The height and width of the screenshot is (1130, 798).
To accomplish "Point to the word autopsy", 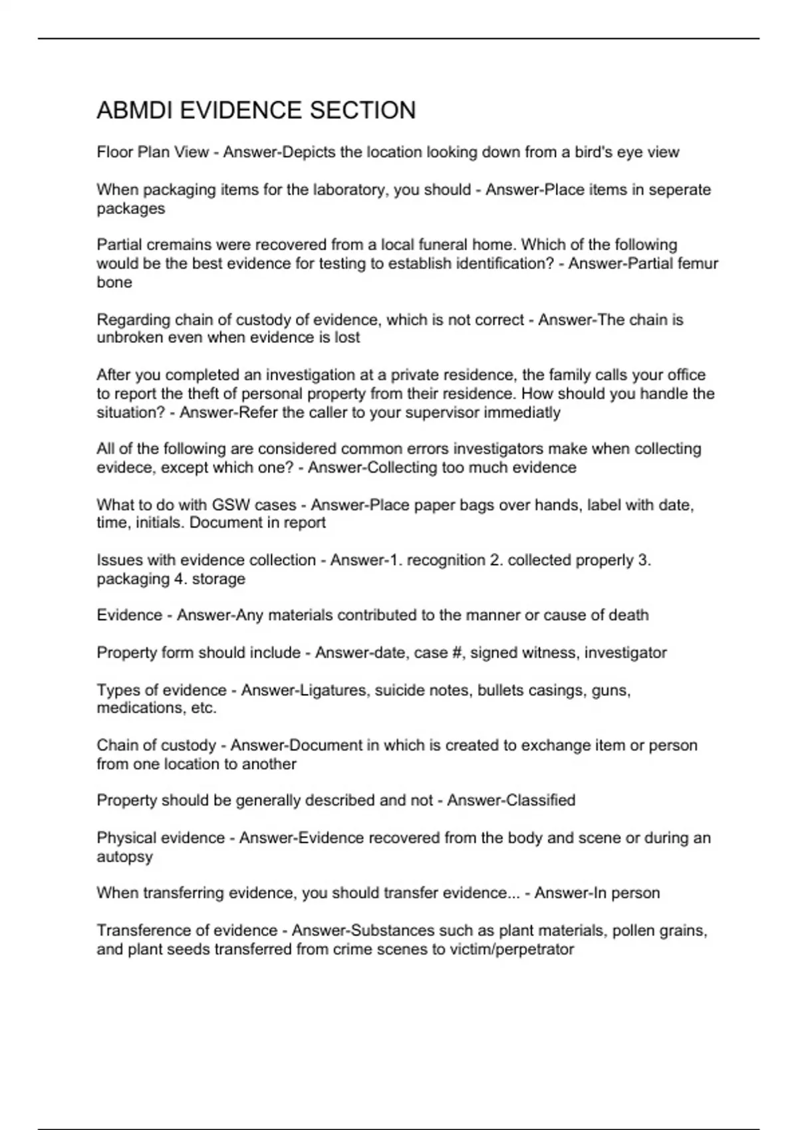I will [x=125, y=857].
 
